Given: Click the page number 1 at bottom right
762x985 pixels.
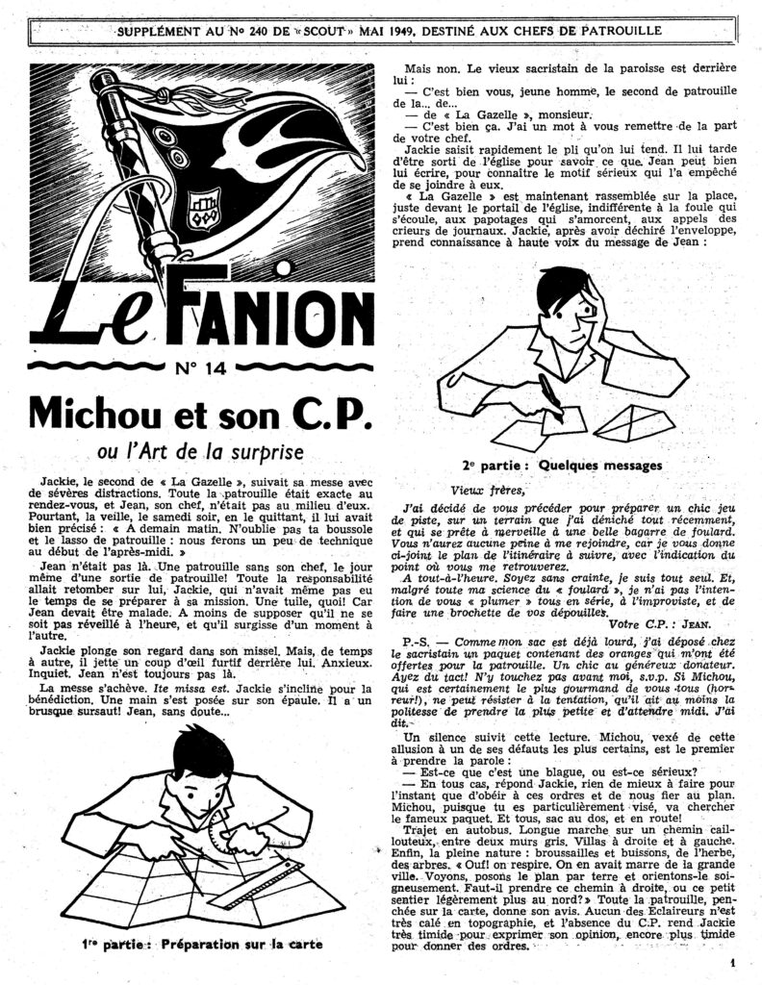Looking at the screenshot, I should tap(732, 961).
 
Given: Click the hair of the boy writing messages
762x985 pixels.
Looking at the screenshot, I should tap(563, 285).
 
